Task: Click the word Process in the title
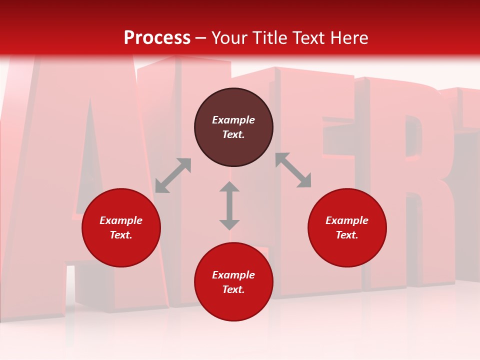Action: (157, 38)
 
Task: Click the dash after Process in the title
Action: (201, 38)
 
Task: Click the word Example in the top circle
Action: (233, 120)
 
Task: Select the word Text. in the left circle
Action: (121, 235)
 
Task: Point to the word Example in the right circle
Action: (347, 220)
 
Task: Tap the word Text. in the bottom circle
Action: (233, 289)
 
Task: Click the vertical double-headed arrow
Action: (229, 205)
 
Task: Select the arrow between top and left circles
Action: (173, 175)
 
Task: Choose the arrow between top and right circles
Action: (293, 170)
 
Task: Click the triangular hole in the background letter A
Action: (87, 165)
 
